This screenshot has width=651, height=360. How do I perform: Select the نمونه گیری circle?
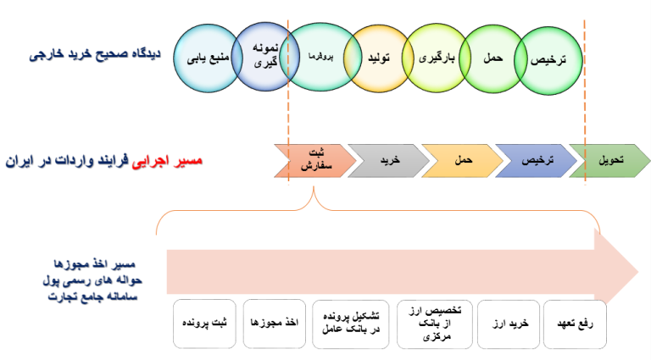[x=260, y=55]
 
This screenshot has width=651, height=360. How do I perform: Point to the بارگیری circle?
[x=437, y=58]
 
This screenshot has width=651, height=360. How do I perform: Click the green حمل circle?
[x=492, y=58]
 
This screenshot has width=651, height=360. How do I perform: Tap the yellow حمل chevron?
[x=461, y=159]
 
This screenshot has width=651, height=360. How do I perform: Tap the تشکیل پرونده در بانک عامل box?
[x=349, y=323]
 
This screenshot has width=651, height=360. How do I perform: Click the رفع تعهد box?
[x=577, y=323]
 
